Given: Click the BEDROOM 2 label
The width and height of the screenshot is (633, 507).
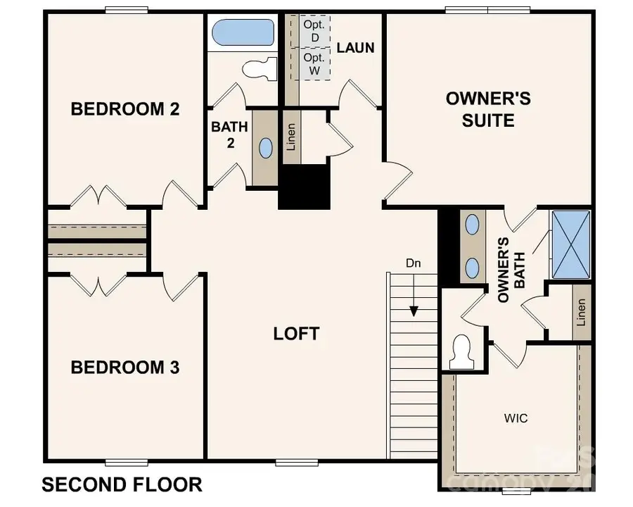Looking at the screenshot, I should pyautogui.click(x=125, y=109).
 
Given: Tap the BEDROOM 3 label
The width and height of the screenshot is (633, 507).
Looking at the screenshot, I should pyautogui.click(x=125, y=368).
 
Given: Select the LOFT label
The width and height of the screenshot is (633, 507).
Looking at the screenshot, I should pyautogui.click(x=296, y=333).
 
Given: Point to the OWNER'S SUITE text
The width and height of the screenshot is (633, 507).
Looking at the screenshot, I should pyautogui.click(x=488, y=109).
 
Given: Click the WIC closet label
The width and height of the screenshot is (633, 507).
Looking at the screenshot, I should pyautogui.click(x=516, y=418).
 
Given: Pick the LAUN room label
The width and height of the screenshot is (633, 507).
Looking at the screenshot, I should pyautogui.click(x=355, y=48).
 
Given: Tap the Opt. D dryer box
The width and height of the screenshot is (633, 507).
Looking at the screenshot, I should pyautogui.click(x=312, y=30).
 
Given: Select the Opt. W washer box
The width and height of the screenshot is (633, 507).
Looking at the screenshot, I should pyautogui.click(x=312, y=63).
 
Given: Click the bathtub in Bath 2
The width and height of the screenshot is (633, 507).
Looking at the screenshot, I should pyautogui.click(x=243, y=32).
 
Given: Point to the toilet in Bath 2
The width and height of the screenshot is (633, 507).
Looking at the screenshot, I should pyautogui.click(x=257, y=70).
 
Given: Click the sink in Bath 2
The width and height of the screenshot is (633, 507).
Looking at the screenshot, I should pyautogui.click(x=266, y=148).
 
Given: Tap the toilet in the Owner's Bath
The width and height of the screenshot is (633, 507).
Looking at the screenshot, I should pyautogui.click(x=461, y=352).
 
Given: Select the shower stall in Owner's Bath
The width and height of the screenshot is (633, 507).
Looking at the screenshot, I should pyautogui.click(x=571, y=244).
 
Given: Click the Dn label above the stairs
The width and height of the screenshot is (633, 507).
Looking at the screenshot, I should pyautogui.click(x=414, y=263).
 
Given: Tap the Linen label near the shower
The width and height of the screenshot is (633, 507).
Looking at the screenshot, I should pyautogui.click(x=581, y=312).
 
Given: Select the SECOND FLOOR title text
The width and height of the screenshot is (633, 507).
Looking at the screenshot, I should pyautogui.click(x=122, y=484).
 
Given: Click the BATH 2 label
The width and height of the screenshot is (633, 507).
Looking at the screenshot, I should pyautogui.click(x=229, y=135).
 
